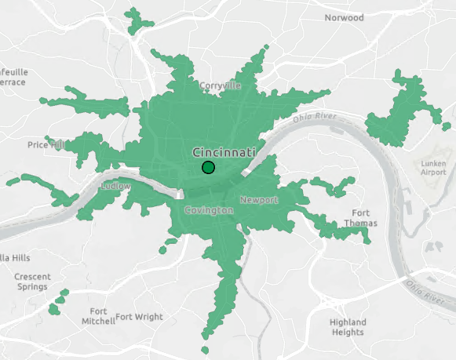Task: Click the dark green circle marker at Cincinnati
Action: [208, 167]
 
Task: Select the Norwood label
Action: [345, 17]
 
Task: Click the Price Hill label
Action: [46, 144]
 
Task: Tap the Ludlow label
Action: [115, 187]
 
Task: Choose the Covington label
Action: [208, 211]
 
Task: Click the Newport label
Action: [259, 200]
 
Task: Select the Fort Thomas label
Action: [360, 218]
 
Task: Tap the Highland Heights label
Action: [348, 327]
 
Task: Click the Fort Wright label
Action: [139, 317]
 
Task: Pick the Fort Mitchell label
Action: [98, 316]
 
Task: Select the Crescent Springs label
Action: [32, 282]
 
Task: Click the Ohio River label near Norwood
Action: [315, 118]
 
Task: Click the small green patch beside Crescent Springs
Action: [58, 303]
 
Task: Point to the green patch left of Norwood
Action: [140, 19]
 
